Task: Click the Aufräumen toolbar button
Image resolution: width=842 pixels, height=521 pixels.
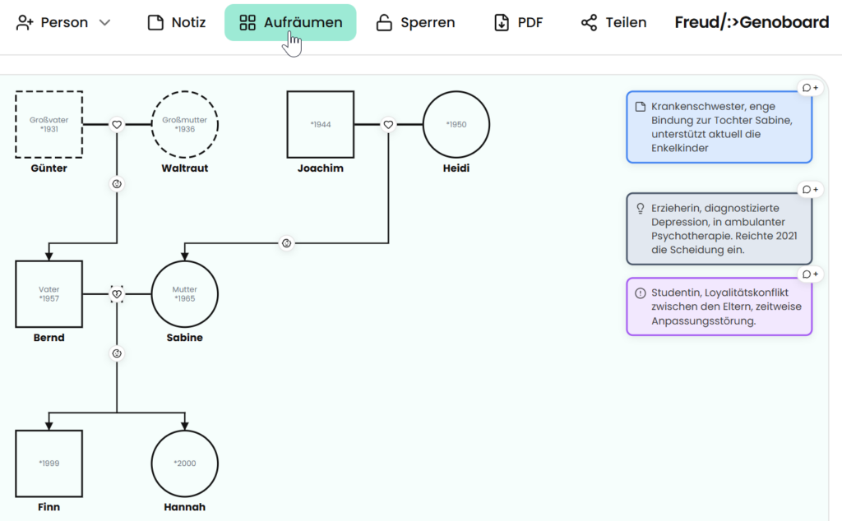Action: tap(290, 22)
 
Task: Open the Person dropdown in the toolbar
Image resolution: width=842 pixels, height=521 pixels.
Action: tap(63, 22)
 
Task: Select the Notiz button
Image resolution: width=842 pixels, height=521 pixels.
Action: tap(177, 22)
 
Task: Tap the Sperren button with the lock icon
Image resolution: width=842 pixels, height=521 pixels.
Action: tap(415, 22)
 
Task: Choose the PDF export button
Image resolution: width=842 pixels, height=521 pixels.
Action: tap(518, 22)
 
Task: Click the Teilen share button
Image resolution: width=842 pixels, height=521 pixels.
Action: tap(613, 22)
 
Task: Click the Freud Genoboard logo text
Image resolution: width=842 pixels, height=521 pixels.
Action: tap(752, 22)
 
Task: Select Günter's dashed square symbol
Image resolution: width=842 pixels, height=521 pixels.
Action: tap(49, 92)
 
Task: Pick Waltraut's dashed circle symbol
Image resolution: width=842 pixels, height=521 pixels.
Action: tap(185, 92)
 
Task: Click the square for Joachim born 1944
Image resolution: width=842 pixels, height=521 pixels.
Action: tap(321, 92)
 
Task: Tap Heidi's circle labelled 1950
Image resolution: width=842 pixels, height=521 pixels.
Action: tap(456, 92)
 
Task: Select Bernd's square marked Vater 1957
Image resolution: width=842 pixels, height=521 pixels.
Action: tap(49, 262)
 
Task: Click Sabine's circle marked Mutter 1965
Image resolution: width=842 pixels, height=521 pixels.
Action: tap(185, 262)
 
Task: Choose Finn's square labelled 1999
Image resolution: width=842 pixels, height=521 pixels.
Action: tap(49, 431)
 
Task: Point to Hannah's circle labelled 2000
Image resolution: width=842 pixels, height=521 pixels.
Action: tap(185, 431)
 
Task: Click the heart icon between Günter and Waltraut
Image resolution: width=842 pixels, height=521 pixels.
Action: tap(117, 124)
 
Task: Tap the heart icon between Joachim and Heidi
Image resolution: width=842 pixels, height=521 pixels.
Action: tap(388, 124)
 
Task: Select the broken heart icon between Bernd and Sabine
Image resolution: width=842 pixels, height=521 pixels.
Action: tap(117, 294)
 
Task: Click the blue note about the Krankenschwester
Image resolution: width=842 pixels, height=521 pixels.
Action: tap(719, 127)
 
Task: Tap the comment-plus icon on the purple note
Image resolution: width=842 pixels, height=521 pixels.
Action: tap(810, 274)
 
